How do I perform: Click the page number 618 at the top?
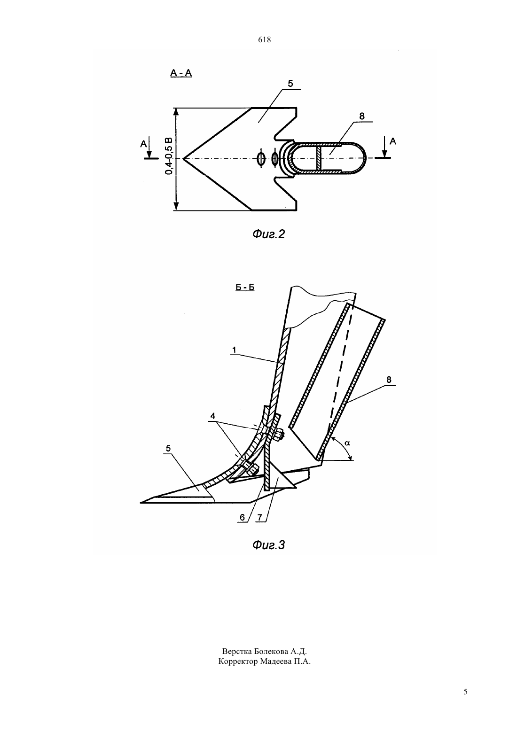click(264, 40)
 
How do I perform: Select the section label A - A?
click(181, 73)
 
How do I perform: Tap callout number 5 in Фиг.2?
click(290, 84)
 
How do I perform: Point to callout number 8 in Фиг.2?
click(361, 116)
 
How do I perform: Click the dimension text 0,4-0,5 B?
click(168, 156)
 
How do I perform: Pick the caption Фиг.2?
click(268, 234)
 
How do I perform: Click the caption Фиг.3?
click(268, 545)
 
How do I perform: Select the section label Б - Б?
click(245, 287)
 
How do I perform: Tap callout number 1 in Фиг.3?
click(234, 350)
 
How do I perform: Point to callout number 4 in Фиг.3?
click(212, 416)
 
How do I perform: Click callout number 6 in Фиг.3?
click(242, 517)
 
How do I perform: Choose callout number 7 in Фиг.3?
click(259, 517)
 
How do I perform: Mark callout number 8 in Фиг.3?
click(389, 380)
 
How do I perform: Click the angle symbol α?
click(347, 443)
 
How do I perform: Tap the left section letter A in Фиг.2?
click(143, 144)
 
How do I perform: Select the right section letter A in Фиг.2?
click(393, 141)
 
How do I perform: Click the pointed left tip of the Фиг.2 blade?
click(183, 159)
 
